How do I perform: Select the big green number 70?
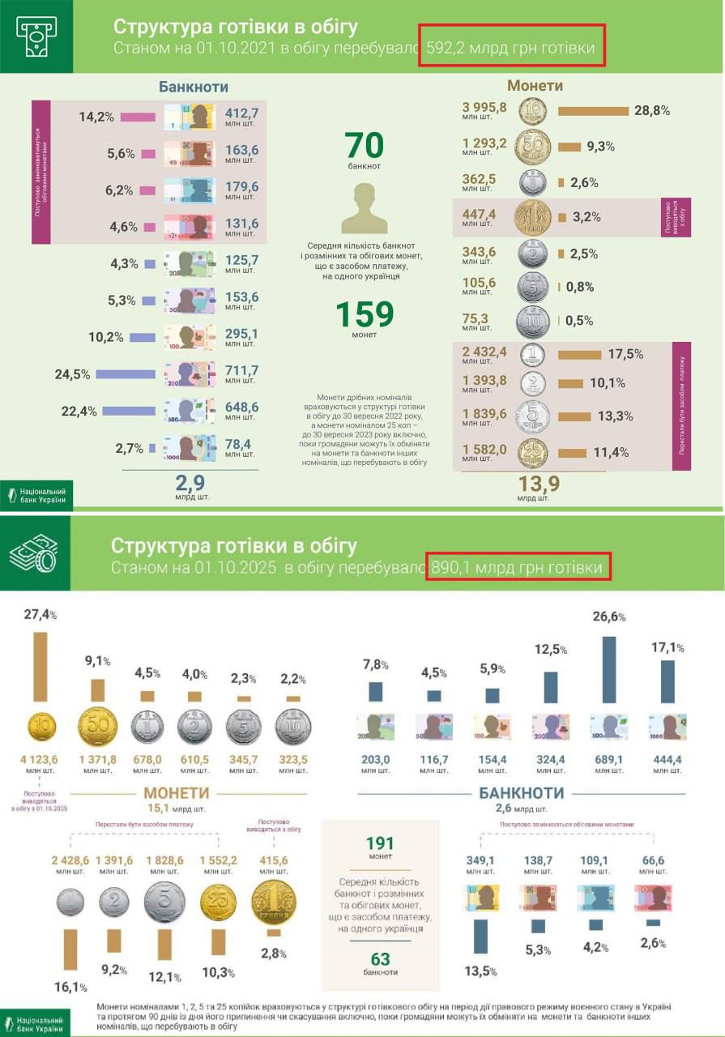click(x=364, y=145)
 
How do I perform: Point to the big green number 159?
click(x=364, y=314)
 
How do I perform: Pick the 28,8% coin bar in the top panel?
click(x=594, y=111)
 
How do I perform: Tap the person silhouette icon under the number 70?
click(x=364, y=208)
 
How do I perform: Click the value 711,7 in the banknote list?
click(x=241, y=371)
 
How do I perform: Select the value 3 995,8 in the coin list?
click(x=484, y=107)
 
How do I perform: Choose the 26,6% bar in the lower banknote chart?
click(x=609, y=669)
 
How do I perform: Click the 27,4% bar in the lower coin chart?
click(x=40, y=667)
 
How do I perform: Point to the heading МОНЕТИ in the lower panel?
click(x=177, y=792)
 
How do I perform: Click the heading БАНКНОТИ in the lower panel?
click(x=521, y=792)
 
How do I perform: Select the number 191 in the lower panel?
click(x=380, y=843)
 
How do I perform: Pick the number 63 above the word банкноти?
click(x=380, y=959)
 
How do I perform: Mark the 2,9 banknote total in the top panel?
click(x=191, y=484)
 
